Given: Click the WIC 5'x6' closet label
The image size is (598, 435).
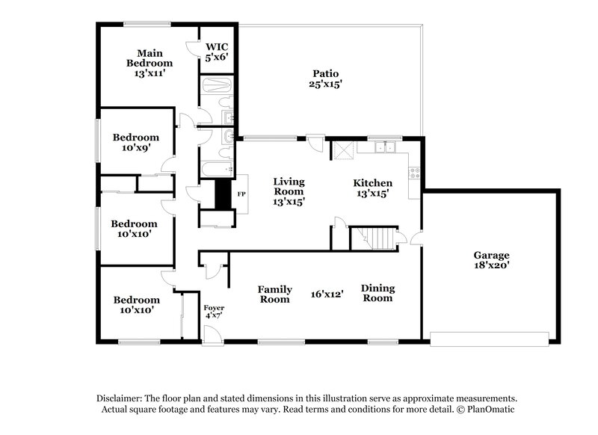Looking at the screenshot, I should pos(217,51).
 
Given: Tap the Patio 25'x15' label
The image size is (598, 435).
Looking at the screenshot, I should pos(324,79).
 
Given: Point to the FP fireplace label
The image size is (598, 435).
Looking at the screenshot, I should pos(241,194).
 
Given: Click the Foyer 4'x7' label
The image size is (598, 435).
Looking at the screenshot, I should pos(214,312).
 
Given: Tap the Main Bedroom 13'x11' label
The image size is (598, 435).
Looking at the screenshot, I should pos(149,64).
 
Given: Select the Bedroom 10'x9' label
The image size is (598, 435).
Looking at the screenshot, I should pos(135,143).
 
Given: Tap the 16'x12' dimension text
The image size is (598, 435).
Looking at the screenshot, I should pos(327,294).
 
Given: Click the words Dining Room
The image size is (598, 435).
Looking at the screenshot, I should pos(377,293).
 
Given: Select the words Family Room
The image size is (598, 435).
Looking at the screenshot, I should pos(274,294).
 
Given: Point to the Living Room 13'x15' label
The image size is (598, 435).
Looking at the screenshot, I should pos(288,191).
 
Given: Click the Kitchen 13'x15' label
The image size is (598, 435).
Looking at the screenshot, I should pos(372,188).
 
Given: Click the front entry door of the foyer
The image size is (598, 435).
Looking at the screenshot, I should pos(214,336).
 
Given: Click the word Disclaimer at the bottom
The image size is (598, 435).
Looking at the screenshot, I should pos(124,399).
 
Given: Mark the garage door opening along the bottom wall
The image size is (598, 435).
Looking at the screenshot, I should pos(490,341).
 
